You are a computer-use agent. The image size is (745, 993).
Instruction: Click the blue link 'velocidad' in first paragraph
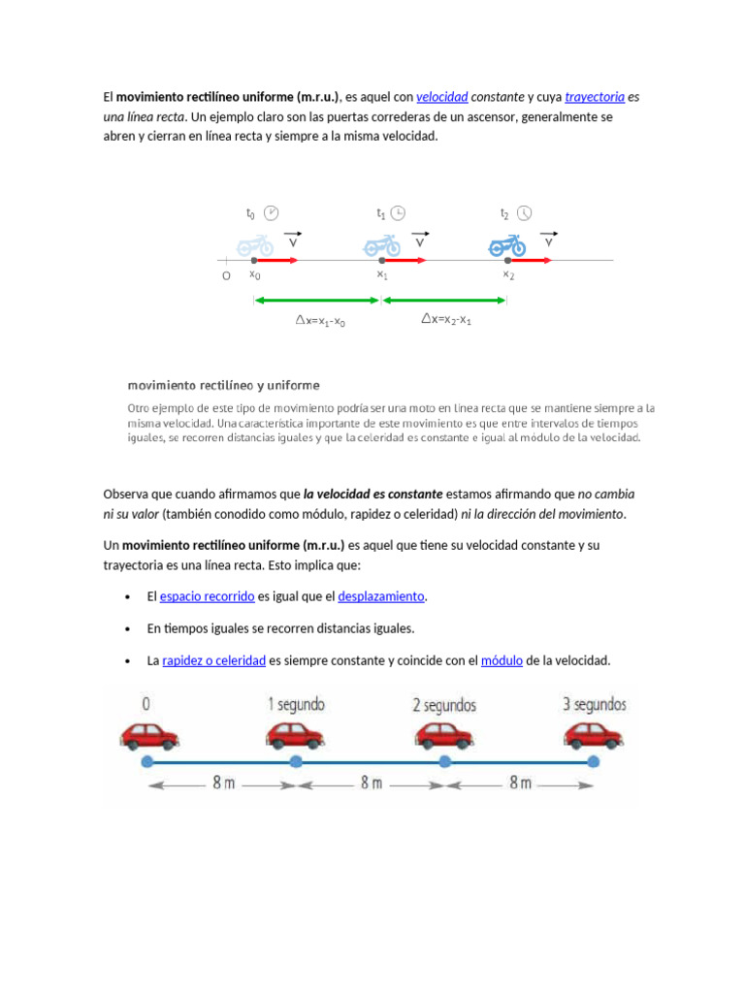441,97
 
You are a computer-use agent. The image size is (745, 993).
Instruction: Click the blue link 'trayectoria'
594,97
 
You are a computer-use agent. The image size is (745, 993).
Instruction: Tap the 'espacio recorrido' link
207,596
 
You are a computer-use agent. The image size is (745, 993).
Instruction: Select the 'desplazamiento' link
381,596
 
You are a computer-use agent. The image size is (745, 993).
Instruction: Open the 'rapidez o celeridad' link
213,660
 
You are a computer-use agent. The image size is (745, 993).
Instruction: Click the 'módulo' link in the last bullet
502,660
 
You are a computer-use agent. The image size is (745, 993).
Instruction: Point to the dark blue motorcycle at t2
506,246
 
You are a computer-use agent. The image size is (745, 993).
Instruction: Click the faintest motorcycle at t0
256,246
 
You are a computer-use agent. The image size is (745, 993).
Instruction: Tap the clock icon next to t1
398,213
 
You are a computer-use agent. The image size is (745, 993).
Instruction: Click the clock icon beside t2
524,213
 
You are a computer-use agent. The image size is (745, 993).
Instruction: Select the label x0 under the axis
254,275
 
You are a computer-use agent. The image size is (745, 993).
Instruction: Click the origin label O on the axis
226,276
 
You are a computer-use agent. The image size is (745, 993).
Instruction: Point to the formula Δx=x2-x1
446,319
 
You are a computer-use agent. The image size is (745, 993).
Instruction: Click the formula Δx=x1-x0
320,320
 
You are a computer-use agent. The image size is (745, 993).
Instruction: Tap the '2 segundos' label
443,705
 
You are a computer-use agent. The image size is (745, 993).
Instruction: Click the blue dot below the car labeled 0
147,763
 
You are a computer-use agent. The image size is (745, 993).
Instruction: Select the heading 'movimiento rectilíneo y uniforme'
223,386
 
